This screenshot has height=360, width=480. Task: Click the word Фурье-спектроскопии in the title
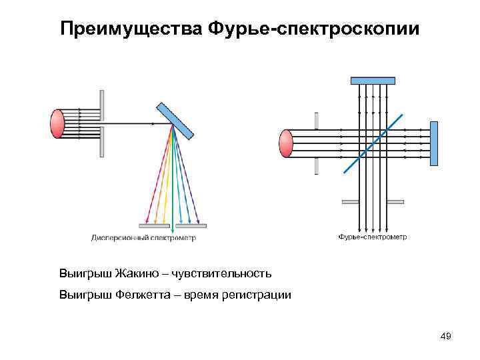[x=313, y=29]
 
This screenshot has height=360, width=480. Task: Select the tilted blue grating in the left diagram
[x=175, y=120]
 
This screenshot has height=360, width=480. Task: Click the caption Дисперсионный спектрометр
[x=143, y=237]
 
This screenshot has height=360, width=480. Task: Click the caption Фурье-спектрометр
[x=373, y=237]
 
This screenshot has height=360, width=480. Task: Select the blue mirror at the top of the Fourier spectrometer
[x=373, y=81]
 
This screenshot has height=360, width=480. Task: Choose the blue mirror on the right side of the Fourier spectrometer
[x=433, y=143]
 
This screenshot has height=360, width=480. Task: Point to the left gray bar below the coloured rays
[x=154, y=225]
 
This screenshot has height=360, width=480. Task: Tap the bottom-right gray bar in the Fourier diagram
[x=395, y=201]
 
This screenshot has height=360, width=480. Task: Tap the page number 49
[x=446, y=336]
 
